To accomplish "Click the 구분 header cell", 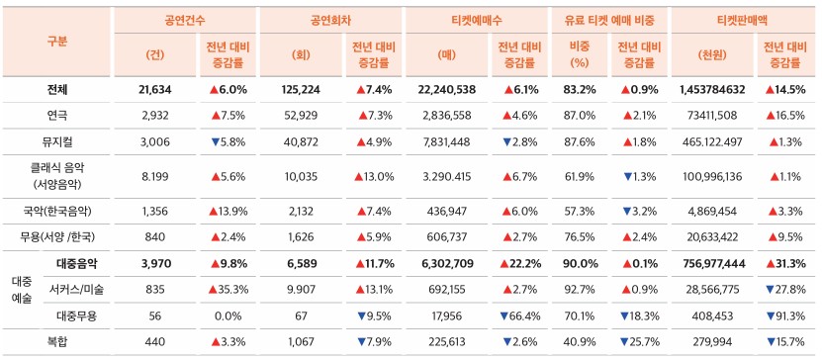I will (x=56, y=41).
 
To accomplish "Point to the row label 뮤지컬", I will (x=56, y=141).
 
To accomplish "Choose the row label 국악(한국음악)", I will (x=56, y=211).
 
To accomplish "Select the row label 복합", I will (x=56, y=341).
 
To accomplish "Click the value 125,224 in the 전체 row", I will (x=301, y=89).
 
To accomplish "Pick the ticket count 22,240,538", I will (x=447, y=89).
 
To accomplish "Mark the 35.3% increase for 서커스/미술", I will (x=227, y=289).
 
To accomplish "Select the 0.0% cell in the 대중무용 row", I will (x=228, y=315).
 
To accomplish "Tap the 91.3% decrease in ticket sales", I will (x=785, y=315).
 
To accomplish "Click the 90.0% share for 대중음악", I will (x=580, y=263).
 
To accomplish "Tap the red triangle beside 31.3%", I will (x=770, y=263).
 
